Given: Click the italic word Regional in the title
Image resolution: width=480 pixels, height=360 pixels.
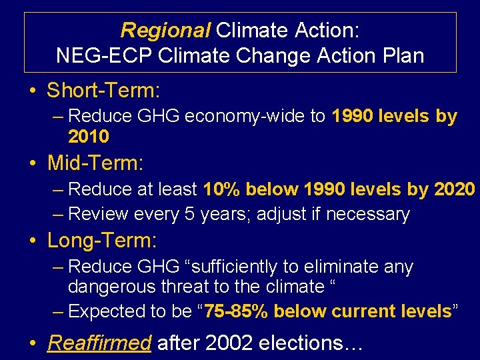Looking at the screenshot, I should tap(165, 30).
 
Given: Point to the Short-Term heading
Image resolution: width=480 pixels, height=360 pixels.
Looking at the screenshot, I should tap(104, 89).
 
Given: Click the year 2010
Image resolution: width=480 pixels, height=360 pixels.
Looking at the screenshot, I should tap(89, 137).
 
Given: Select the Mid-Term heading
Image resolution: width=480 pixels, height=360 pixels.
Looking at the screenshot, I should tap(96, 162).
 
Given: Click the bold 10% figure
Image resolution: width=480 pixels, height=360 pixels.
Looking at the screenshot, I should tap(222, 189).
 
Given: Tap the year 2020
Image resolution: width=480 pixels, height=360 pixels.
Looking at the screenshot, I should tap(454, 189).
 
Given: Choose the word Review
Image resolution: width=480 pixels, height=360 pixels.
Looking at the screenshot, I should tap(99, 214).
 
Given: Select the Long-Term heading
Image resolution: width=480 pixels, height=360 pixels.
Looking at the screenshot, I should tap(101, 239).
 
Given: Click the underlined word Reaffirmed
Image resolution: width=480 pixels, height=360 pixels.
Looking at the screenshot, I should tap(99, 343).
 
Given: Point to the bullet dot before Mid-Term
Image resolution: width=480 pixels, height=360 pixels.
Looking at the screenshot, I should tap(33, 163).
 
